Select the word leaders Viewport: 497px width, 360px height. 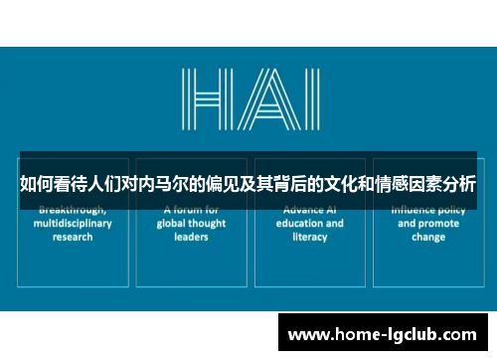click(x=191, y=237)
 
